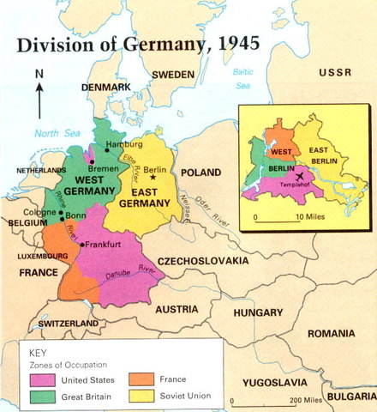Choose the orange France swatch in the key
tap(142, 379)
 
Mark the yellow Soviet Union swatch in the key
tap(142, 396)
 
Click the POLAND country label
tap(200, 173)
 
